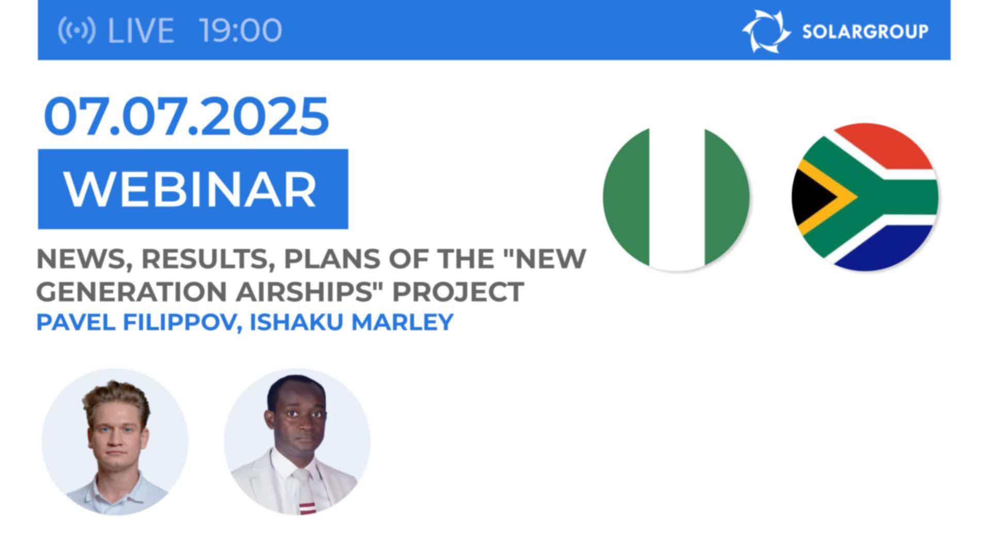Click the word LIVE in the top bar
click(140, 30)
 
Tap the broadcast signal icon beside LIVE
click(76, 30)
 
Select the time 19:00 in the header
click(241, 30)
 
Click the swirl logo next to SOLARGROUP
click(766, 31)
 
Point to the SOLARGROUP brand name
click(865, 32)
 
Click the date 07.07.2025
click(186, 116)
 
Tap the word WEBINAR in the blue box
click(190, 190)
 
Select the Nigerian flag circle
click(676, 199)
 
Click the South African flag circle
click(865, 197)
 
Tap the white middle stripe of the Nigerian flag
click(676, 199)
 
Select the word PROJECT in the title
click(458, 292)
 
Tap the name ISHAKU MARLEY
click(351, 322)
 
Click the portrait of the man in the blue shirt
click(115, 442)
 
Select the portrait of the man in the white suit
click(297, 442)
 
